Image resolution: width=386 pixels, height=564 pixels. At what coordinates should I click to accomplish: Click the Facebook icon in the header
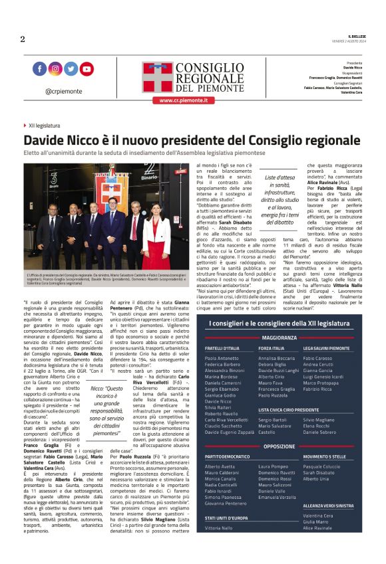point(39,68)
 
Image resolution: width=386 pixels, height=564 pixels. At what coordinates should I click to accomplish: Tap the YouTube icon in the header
point(87,68)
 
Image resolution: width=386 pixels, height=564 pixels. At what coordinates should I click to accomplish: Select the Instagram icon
point(55,68)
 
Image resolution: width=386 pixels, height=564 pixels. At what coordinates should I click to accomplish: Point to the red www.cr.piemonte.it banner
point(184,100)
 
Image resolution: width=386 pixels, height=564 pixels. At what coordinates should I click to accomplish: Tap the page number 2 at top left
point(23,39)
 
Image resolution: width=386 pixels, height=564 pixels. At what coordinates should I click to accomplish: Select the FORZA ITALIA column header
point(272,348)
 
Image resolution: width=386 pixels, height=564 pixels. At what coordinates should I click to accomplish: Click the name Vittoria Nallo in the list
point(219,527)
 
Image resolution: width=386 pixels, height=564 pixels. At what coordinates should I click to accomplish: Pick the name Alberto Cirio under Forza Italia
point(271,376)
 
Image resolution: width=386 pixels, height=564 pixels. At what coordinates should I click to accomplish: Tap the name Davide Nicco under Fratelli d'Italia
point(219,401)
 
